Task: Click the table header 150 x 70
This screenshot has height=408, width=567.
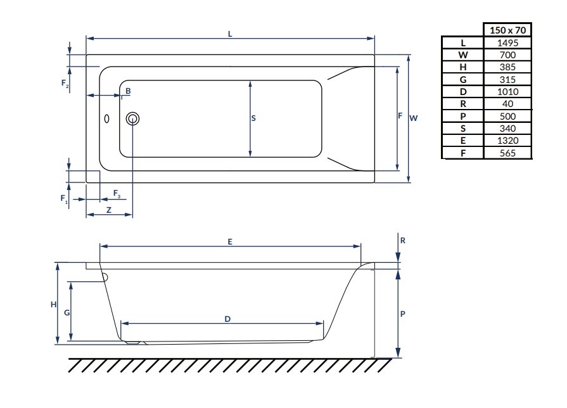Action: pos(507,30)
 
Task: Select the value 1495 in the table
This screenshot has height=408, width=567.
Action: pos(507,42)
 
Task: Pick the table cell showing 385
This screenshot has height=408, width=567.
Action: pos(507,67)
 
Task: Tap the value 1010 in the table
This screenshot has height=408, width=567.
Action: pos(507,92)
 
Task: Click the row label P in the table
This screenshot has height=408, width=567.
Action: pos(462,117)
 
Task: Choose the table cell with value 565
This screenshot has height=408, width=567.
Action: pos(507,153)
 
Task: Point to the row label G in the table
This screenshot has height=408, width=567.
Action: pos(462,80)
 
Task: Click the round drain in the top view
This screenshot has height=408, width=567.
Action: pos(133,118)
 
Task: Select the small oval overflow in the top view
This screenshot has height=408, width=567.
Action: pos(106,118)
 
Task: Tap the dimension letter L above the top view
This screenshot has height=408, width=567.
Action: pos(230,34)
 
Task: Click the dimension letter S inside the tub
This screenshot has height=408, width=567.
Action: pos(253,118)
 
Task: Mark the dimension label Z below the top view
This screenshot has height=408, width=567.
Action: pos(109,210)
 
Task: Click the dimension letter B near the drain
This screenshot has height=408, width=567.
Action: pos(128,91)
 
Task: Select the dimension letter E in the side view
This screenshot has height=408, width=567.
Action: pos(230,241)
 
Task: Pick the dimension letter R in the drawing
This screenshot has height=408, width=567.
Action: pos(403,241)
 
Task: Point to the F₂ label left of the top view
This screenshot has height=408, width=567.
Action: pos(65,83)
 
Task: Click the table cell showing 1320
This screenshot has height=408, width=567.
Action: pos(507,141)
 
